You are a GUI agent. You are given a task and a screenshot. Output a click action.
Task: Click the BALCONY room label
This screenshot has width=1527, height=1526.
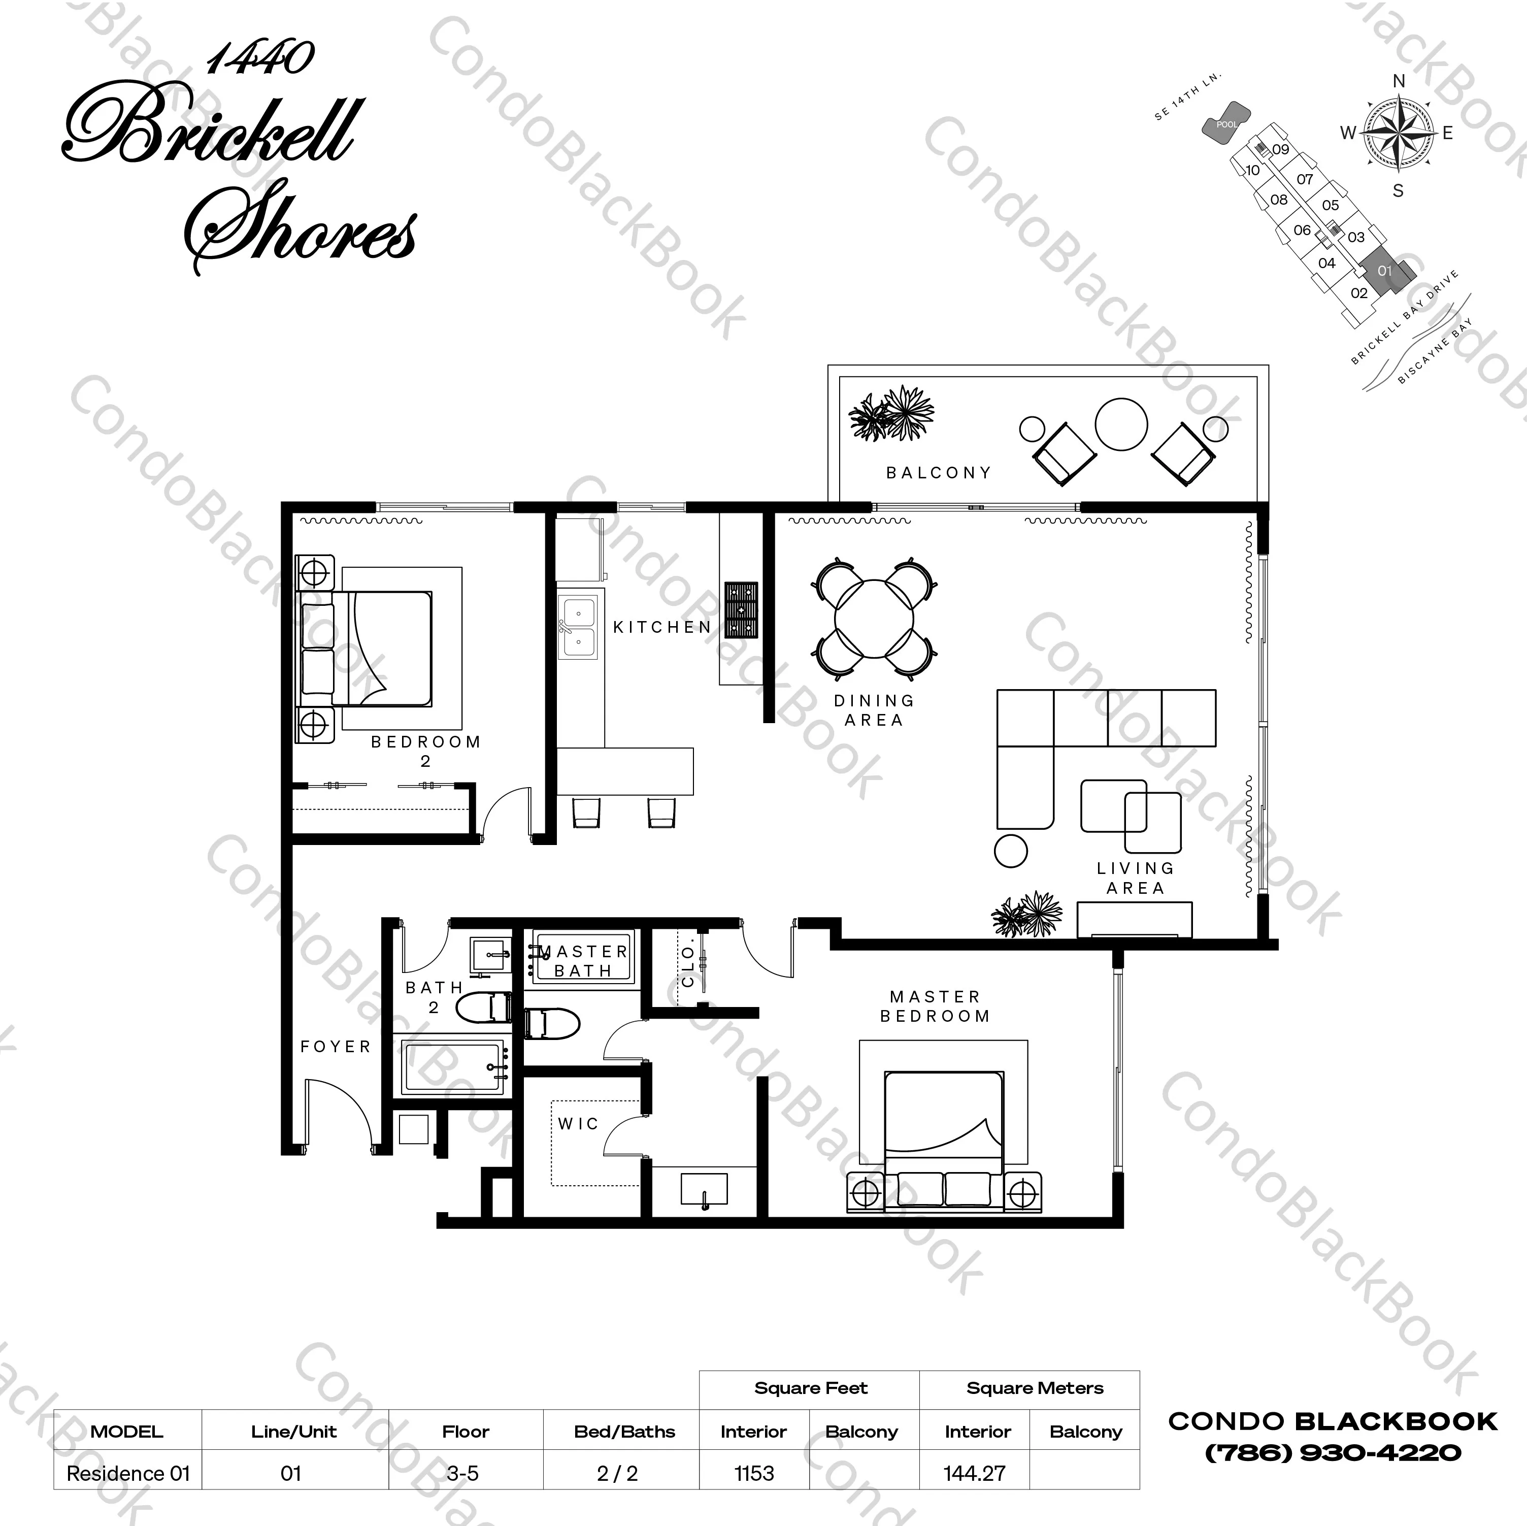pyautogui.click(x=938, y=473)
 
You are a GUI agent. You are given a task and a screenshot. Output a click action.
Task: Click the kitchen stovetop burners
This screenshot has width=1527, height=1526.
pyautogui.click(x=741, y=609)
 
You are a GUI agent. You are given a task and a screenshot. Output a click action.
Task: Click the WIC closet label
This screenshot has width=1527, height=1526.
pyautogui.click(x=579, y=1123)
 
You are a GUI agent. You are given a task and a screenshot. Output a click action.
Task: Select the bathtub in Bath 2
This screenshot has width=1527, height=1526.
pyautogui.click(x=454, y=1066)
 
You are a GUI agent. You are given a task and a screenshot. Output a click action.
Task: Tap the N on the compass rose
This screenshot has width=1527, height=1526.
pyautogui.click(x=1399, y=81)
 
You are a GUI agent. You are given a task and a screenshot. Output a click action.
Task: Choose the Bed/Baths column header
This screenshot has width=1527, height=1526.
pyautogui.click(x=624, y=1431)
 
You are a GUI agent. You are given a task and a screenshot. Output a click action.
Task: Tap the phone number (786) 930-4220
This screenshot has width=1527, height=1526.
pyautogui.click(x=1333, y=1452)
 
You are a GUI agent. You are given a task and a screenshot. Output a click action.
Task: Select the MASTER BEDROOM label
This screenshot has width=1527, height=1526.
pyautogui.click(x=935, y=1006)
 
